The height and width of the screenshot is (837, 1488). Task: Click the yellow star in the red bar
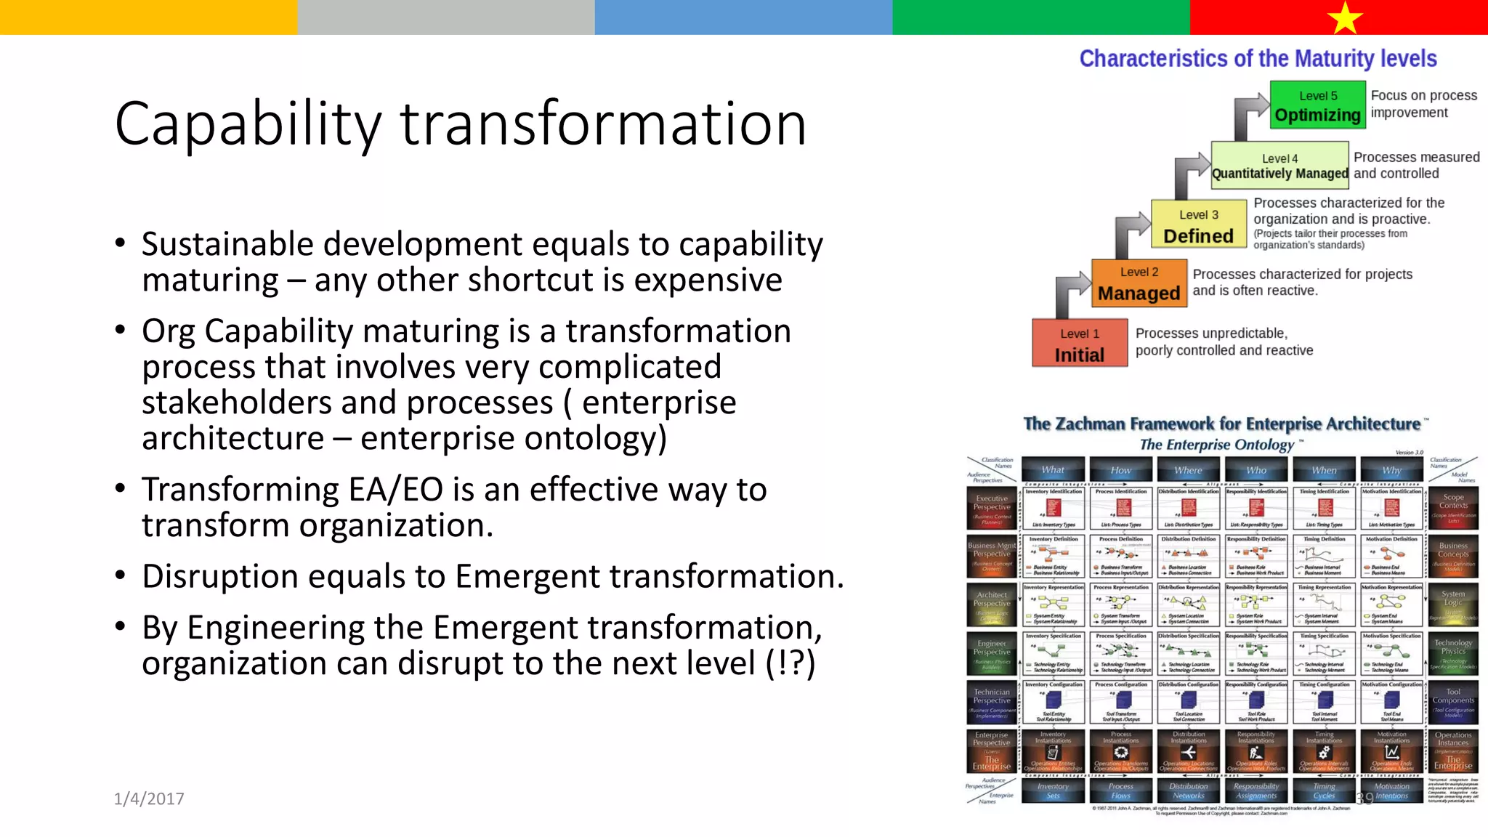pos(1345,17)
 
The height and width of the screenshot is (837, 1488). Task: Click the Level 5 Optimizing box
pos(1317,106)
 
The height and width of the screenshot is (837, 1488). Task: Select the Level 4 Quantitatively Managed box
pos(1279,166)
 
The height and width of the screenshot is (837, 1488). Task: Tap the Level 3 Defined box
pos(1198,225)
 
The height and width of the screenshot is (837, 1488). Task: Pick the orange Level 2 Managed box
pos(1139,283)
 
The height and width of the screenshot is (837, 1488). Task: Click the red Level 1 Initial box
pos(1079,344)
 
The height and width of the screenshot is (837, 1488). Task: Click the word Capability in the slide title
pos(247,124)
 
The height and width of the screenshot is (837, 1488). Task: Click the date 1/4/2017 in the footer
pos(149,798)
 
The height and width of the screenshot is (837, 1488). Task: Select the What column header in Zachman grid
pos(1053,470)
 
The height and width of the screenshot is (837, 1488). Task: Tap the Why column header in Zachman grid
pos(1391,470)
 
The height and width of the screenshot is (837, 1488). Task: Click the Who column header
pos(1256,470)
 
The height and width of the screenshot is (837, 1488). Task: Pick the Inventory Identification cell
pos(1054,509)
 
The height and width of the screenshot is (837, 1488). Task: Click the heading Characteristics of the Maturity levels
pos(1258,59)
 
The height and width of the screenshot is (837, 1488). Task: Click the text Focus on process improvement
pos(1423,104)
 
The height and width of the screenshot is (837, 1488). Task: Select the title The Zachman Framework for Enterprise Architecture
pos(1221,424)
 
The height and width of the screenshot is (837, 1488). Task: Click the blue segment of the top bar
pos(743,17)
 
